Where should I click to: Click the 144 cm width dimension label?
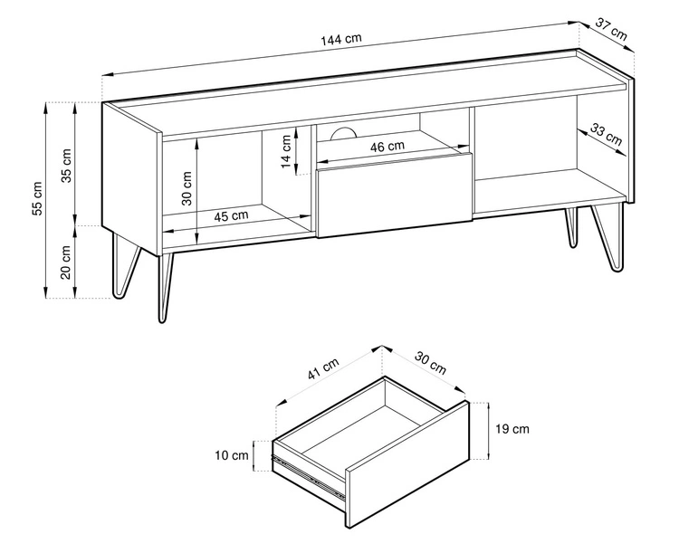point(340,40)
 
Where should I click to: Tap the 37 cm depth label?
point(611,28)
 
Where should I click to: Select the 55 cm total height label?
point(37,198)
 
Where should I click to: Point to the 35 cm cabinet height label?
point(66,166)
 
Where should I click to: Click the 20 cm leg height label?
point(66,262)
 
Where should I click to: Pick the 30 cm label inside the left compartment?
point(186,188)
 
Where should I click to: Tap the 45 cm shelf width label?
point(231,215)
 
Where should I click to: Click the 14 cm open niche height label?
point(285,151)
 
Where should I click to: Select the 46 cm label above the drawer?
point(387,147)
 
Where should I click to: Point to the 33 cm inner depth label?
point(606,134)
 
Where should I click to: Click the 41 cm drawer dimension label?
point(323,369)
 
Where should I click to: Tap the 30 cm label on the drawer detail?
point(430,362)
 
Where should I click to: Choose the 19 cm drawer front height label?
point(512,429)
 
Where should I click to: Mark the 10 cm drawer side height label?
point(232,455)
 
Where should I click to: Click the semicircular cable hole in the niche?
point(342,134)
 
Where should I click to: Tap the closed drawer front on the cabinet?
point(394,195)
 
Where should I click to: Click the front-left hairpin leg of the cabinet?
point(165,288)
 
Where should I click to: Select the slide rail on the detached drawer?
point(309,475)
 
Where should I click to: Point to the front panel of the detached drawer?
point(407,463)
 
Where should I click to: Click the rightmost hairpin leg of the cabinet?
point(608,237)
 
